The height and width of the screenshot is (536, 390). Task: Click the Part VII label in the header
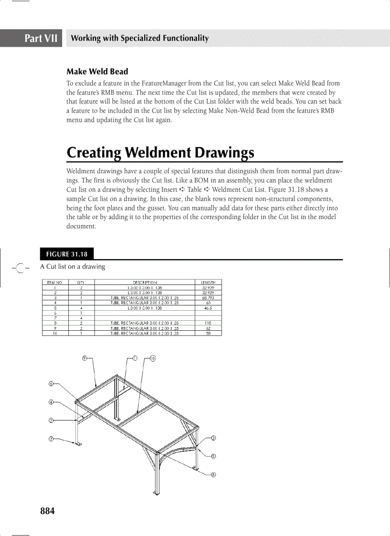(x=41, y=38)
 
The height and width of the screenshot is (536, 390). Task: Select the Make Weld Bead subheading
(x=97, y=72)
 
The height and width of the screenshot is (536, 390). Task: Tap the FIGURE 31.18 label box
(x=66, y=254)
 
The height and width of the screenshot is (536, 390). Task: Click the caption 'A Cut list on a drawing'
(x=72, y=266)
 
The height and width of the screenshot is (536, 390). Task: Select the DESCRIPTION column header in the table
(x=145, y=283)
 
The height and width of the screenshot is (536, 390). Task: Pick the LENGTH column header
(x=208, y=283)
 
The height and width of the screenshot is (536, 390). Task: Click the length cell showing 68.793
(x=208, y=297)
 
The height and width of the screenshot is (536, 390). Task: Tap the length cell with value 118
(x=208, y=324)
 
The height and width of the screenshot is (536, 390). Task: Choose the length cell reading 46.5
(x=208, y=309)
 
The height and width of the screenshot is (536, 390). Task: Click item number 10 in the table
(x=55, y=333)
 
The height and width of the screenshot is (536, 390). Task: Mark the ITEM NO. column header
(x=55, y=283)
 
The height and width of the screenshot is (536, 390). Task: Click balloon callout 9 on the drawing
(x=84, y=358)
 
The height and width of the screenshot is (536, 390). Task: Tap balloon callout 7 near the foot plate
(x=51, y=439)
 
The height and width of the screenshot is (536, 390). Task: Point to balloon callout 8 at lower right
(x=213, y=474)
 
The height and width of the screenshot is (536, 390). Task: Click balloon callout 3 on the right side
(x=213, y=438)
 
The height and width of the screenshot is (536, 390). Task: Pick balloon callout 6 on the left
(x=51, y=383)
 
